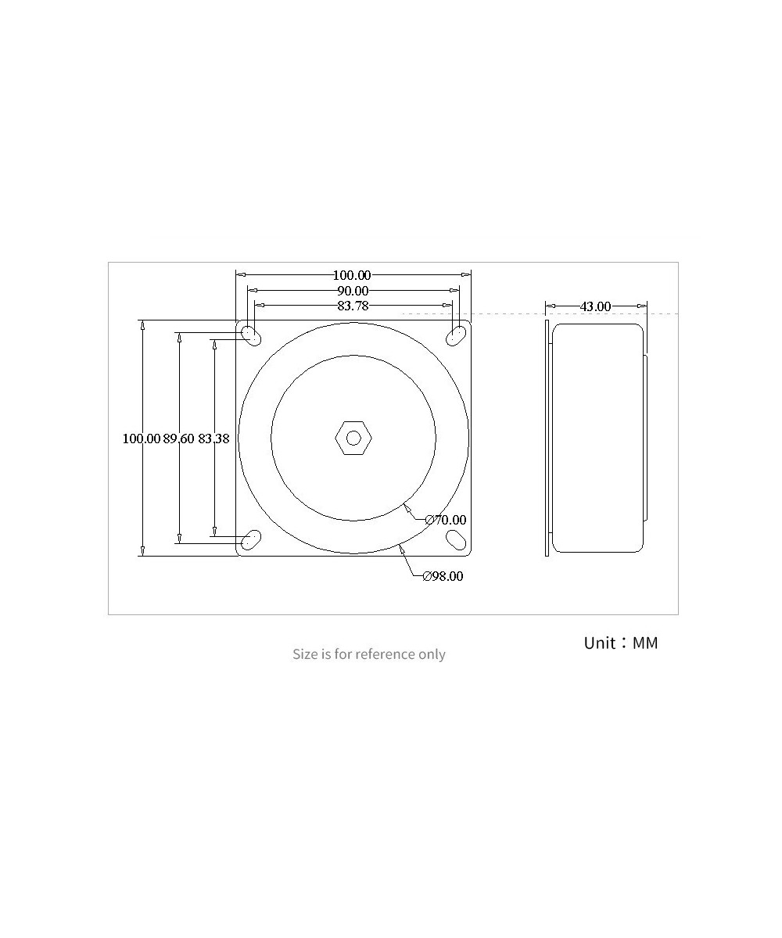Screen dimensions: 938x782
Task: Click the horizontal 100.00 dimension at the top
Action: pyautogui.click(x=352, y=275)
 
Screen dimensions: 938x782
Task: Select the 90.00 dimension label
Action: pyautogui.click(x=353, y=291)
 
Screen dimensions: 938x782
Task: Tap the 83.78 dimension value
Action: pyautogui.click(x=353, y=306)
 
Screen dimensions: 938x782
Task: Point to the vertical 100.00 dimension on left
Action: pyautogui.click(x=141, y=439)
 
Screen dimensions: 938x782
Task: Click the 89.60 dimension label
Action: pyautogui.click(x=178, y=439)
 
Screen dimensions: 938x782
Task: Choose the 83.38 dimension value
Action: pyautogui.click(x=213, y=439)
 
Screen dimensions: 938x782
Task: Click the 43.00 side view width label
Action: pyautogui.click(x=595, y=306)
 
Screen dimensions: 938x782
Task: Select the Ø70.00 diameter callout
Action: pyautogui.click(x=445, y=520)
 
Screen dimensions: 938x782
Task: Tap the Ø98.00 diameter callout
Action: pyautogui.click(x=443, y=577)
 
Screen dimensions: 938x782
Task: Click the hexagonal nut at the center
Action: pyautogui.click(x=353, y=438)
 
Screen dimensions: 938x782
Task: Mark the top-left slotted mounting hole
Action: pyautogui.click(x=251, y=335)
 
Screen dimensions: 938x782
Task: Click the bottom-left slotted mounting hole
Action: pyautogui.click(x=251, y=539)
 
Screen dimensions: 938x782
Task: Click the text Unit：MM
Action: pyautogui.click(x=621, y=643)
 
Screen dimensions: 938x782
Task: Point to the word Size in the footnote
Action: pyautogui.click(x=305, y=654)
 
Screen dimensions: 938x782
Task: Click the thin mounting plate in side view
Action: pyautogui.click(x=547, y=438)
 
